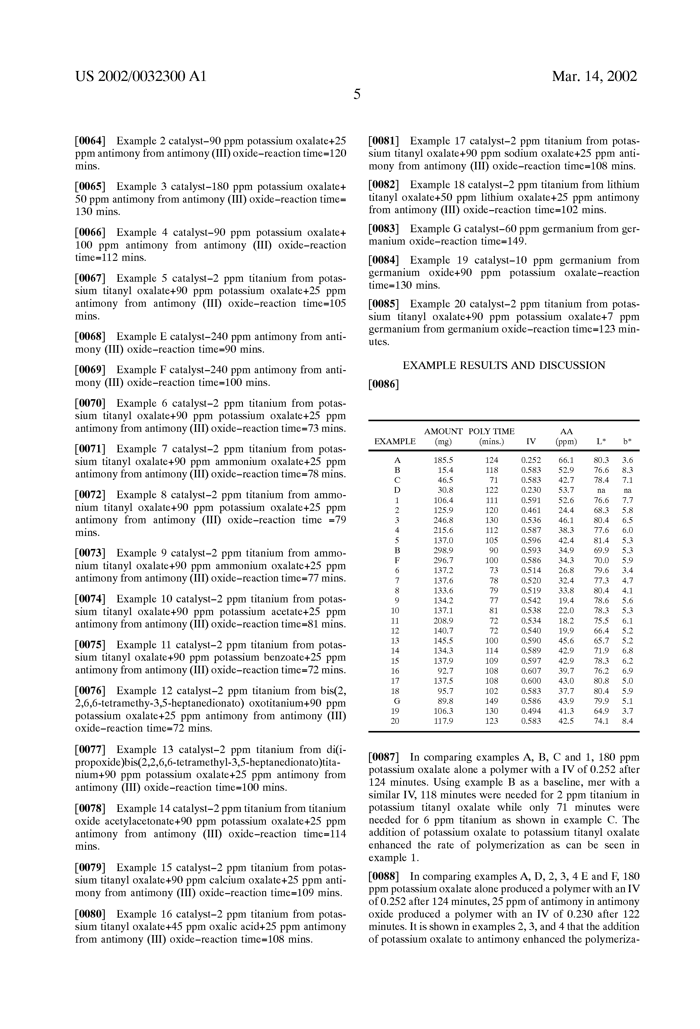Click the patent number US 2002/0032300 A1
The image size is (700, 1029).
click(x=141, y=77)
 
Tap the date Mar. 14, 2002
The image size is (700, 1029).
click(x=594, y=77)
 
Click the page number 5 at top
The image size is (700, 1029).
click(x=357, y=94)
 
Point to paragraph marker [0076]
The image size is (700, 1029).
click(x=90, y=691)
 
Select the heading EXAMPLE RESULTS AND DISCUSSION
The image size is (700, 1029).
click(x=504, y=366)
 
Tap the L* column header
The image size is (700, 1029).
click(x=601, y=441)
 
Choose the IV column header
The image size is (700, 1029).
click(x=531, y=441)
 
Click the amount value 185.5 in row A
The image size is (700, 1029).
click(x=443, y=460)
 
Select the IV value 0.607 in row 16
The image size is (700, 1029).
click(x=531, y=671)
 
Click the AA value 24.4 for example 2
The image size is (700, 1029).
click(x=566, y=511)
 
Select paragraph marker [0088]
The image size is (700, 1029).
click(x=383, y=877)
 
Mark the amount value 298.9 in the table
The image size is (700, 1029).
click(x=443, y=551)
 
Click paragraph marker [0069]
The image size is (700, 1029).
click(x=90, y=370)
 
